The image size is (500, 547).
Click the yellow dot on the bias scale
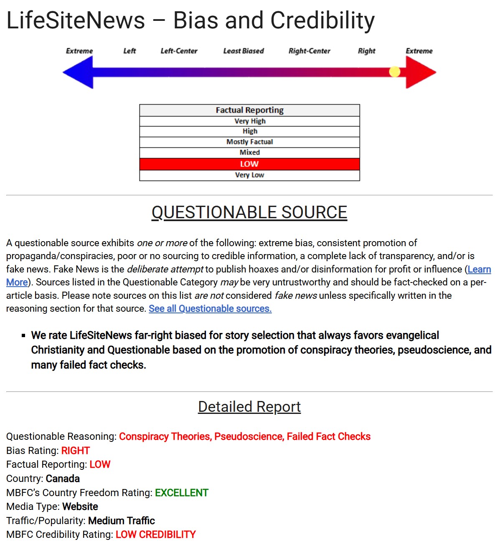click(x=395, y=72)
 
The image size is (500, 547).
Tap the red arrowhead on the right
click(x=420, y=72)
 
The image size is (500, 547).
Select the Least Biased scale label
click(x=244, y=51)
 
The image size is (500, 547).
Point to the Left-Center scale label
click(x=179, y=51)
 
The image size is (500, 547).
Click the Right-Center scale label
click(x=309, y=51)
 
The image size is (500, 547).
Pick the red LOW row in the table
click(x=249, y=164)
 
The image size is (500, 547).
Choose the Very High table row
click(x=250, y=121)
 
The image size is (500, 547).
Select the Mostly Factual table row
click(x=249, y=142)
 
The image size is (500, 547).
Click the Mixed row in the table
click(x=249, y=153)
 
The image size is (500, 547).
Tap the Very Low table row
click(x=249, y=175)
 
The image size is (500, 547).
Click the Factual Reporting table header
click(x=249, y=110)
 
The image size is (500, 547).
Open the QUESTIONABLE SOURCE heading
click(x=249, y=212)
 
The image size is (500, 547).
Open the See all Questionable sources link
click(x=210, y=309)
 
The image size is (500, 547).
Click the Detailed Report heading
click(x=249, y=407)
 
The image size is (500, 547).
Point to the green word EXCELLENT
click(x=182, y=493)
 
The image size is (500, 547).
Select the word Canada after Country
click(x=63, y=479)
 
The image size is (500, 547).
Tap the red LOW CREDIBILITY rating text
click(x=155, y=534)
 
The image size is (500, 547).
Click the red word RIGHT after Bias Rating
click(x=76, y=451)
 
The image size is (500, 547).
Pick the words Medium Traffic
click(x=122, y=521)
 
